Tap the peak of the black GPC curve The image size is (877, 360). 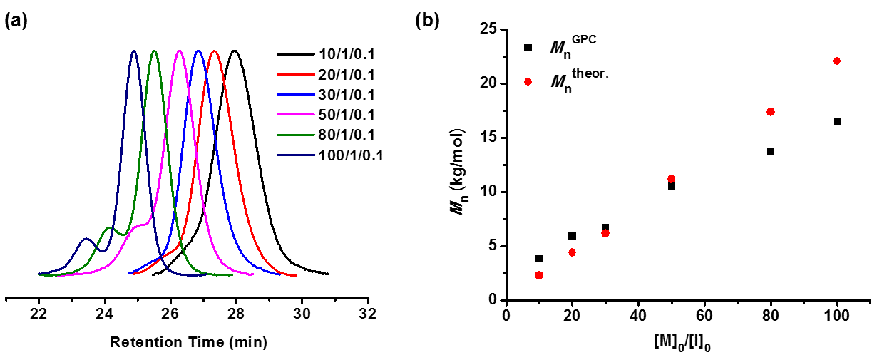235,51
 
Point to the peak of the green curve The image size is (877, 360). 154,51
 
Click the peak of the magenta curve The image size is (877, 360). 179,51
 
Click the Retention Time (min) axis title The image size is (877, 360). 188,343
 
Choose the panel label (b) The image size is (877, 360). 426,21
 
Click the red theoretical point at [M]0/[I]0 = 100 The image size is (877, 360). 836,61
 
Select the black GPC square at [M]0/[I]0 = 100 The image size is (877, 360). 836,122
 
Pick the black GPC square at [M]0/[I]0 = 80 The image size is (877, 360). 770,152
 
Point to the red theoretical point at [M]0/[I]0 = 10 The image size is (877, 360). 539,275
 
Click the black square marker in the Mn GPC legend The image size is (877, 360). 528,48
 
